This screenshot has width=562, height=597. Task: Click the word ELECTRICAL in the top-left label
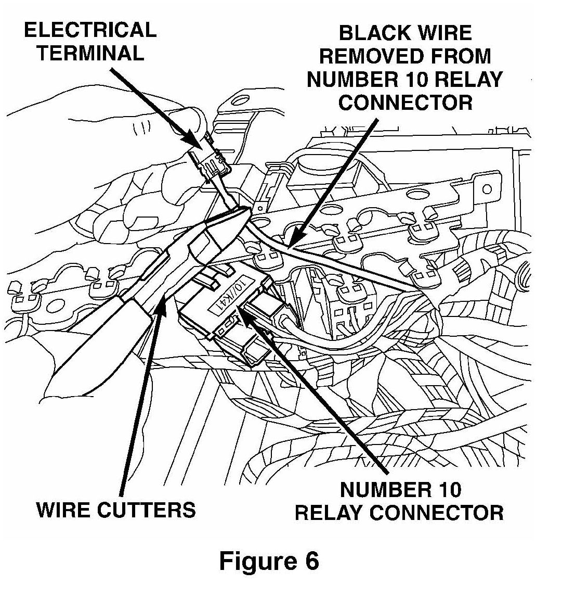(x=90, y=30)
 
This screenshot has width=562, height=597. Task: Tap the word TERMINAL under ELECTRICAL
(x=90, y=53)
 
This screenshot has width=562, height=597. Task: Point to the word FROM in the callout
(x=458, y=56)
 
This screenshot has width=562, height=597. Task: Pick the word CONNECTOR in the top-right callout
(x=406, y=102)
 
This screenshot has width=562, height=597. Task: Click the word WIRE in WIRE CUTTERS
(x=61, y=510)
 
